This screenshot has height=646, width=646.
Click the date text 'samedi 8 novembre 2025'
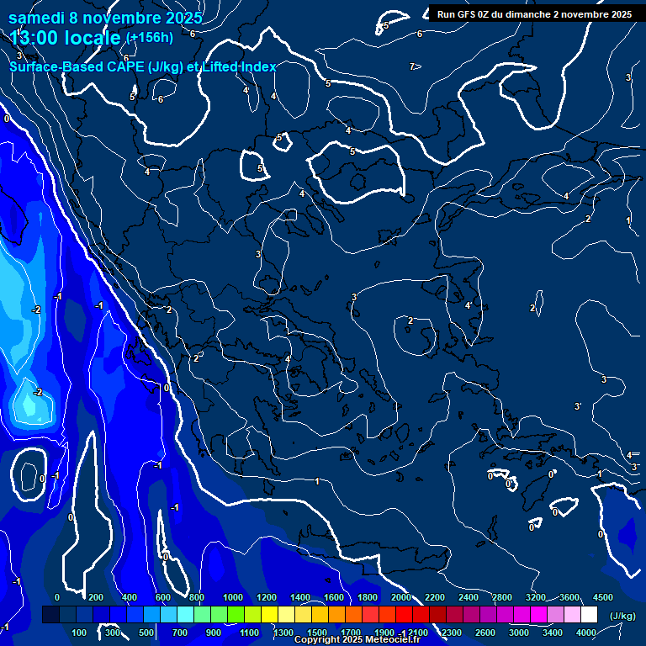pos(105,18)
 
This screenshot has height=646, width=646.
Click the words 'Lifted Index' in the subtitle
pos(239,67)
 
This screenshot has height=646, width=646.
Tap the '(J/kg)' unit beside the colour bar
pos(622,616)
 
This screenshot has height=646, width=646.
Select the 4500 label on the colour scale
pos(602,597)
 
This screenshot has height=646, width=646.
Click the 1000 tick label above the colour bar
pos(233,597)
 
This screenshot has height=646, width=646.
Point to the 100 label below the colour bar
pos(80,633)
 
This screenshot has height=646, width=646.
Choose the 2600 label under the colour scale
pos(485,633)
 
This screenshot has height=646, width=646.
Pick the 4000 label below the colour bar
pos(586,633)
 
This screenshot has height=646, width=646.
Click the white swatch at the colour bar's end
pos(589,615)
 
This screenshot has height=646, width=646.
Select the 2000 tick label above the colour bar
pos(401,597)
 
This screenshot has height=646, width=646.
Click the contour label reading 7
pos(412,66)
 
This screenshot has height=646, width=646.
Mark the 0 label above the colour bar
pos(57,597)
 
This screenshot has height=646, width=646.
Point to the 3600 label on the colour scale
pos(569,597)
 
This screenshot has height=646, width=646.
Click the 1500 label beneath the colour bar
pos(317,633)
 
